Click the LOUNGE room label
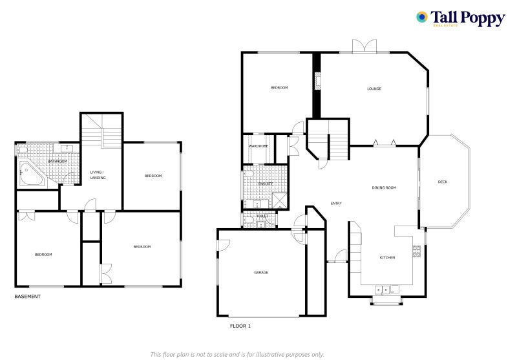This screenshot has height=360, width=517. (x=374, y=89)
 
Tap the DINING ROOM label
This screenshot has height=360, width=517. (x=383, y=188)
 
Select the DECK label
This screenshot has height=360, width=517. (x=442, y=182)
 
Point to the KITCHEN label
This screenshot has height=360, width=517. (x=386, y=258)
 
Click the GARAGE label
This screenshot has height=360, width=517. (x=261, y=272)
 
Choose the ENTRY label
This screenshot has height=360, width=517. (x=336, y=204)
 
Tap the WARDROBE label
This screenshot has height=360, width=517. (x=258, y=146)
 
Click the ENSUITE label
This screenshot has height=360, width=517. (x=257, y=184)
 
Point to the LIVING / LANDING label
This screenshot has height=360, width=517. (x=98, y=175)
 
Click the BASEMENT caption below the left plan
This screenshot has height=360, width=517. (x=28, y=297)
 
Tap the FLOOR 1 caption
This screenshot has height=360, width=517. (x=240, y=326)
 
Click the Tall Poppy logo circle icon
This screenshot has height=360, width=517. (x=422, y=17)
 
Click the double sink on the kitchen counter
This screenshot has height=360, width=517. (x=386, y=290)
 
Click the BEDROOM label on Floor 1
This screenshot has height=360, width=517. (x=279, y=87)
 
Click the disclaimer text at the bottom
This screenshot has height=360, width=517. (x=237, y=354)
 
